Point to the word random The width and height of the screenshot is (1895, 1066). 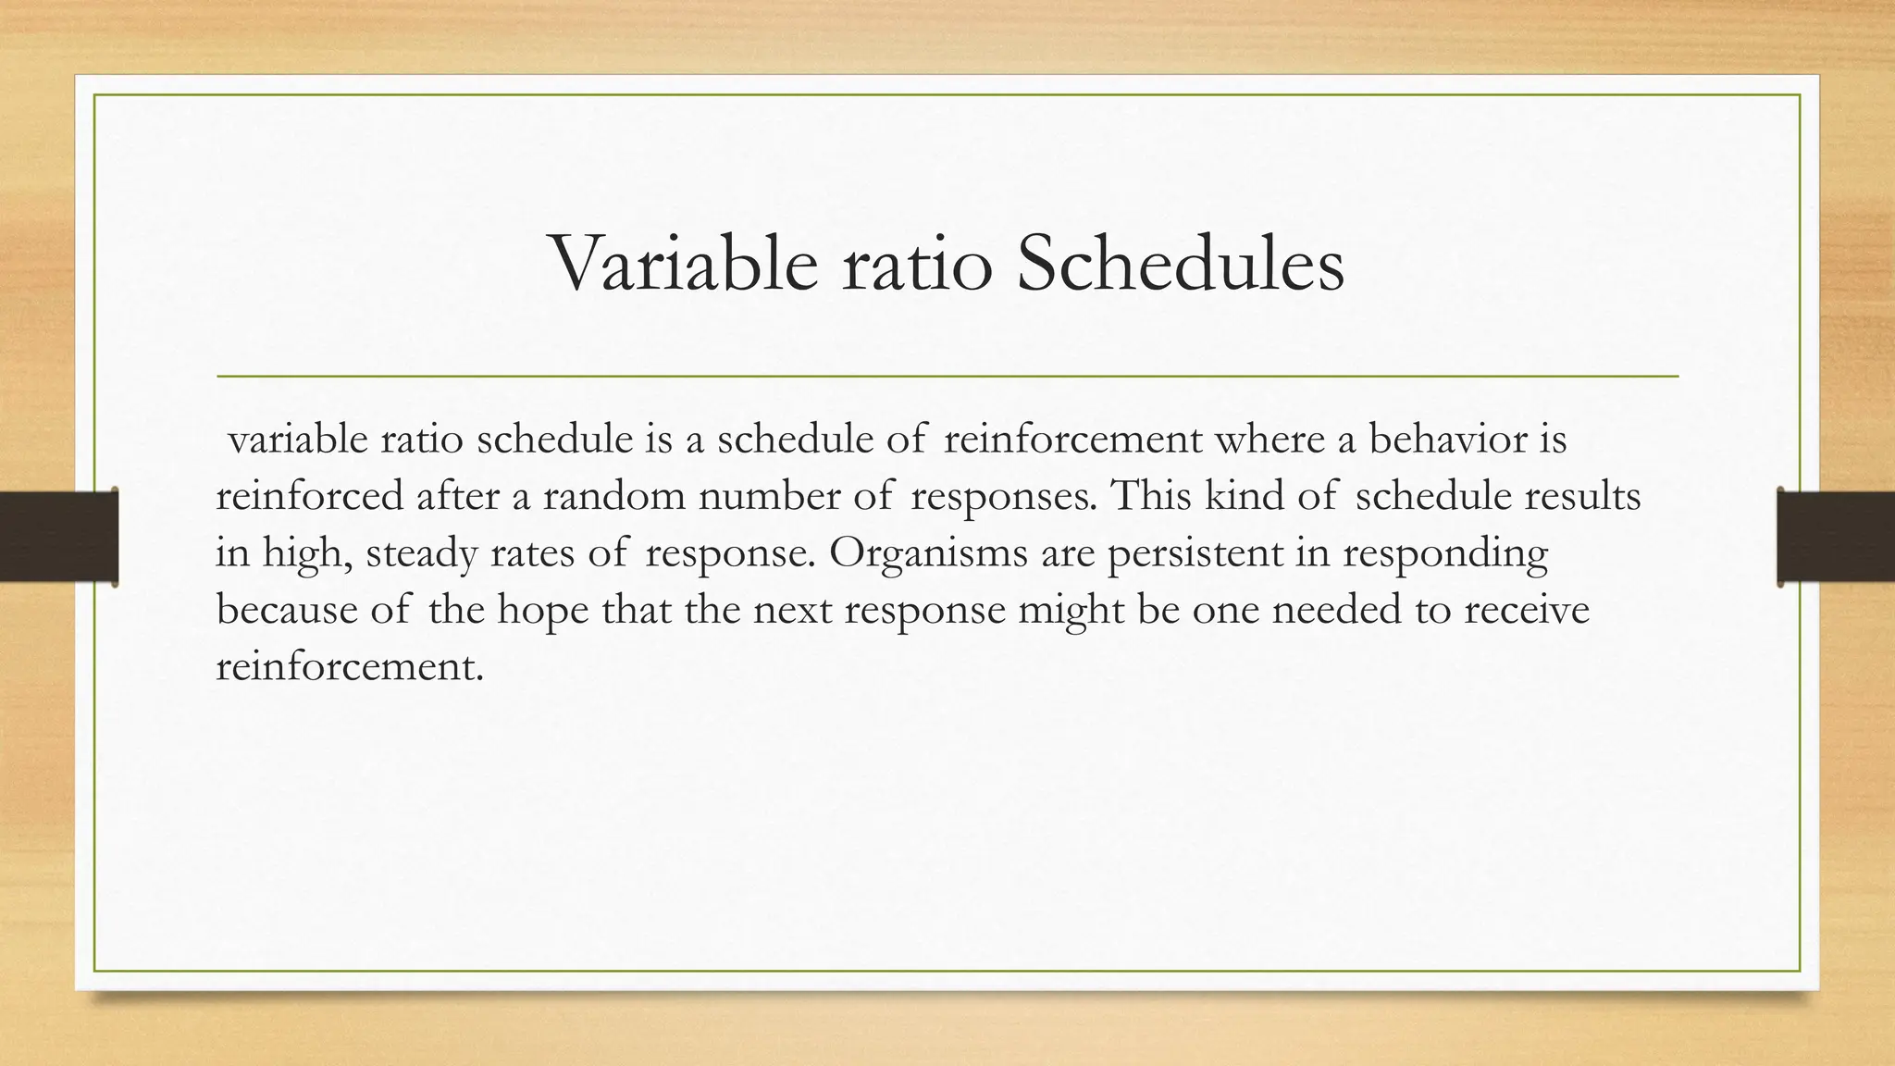(x=613, y=497)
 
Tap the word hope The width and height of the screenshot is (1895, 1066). (x=543, y=611)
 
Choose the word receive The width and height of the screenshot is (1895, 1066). (x=1527, y=611)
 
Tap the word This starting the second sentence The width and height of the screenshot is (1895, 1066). (x=1151, y=497)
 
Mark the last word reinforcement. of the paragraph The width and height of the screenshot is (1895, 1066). (x=350, y=667)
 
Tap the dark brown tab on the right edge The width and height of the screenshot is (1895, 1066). (x=1836, y=537)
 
